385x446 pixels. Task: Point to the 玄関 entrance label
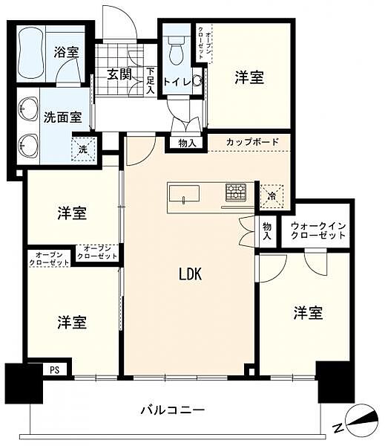[x=119, y=74]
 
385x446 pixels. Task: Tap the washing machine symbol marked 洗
[x=83, y=147]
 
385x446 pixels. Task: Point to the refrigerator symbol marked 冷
[x=272, y=195]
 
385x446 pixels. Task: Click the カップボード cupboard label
[x=253, y=142]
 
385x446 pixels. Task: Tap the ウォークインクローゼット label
[x=318, y=230]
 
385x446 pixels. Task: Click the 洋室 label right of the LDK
[x=307, y=313]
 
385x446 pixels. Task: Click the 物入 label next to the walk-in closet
[x=267, y=231]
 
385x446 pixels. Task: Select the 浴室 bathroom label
[x=66, y=53]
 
